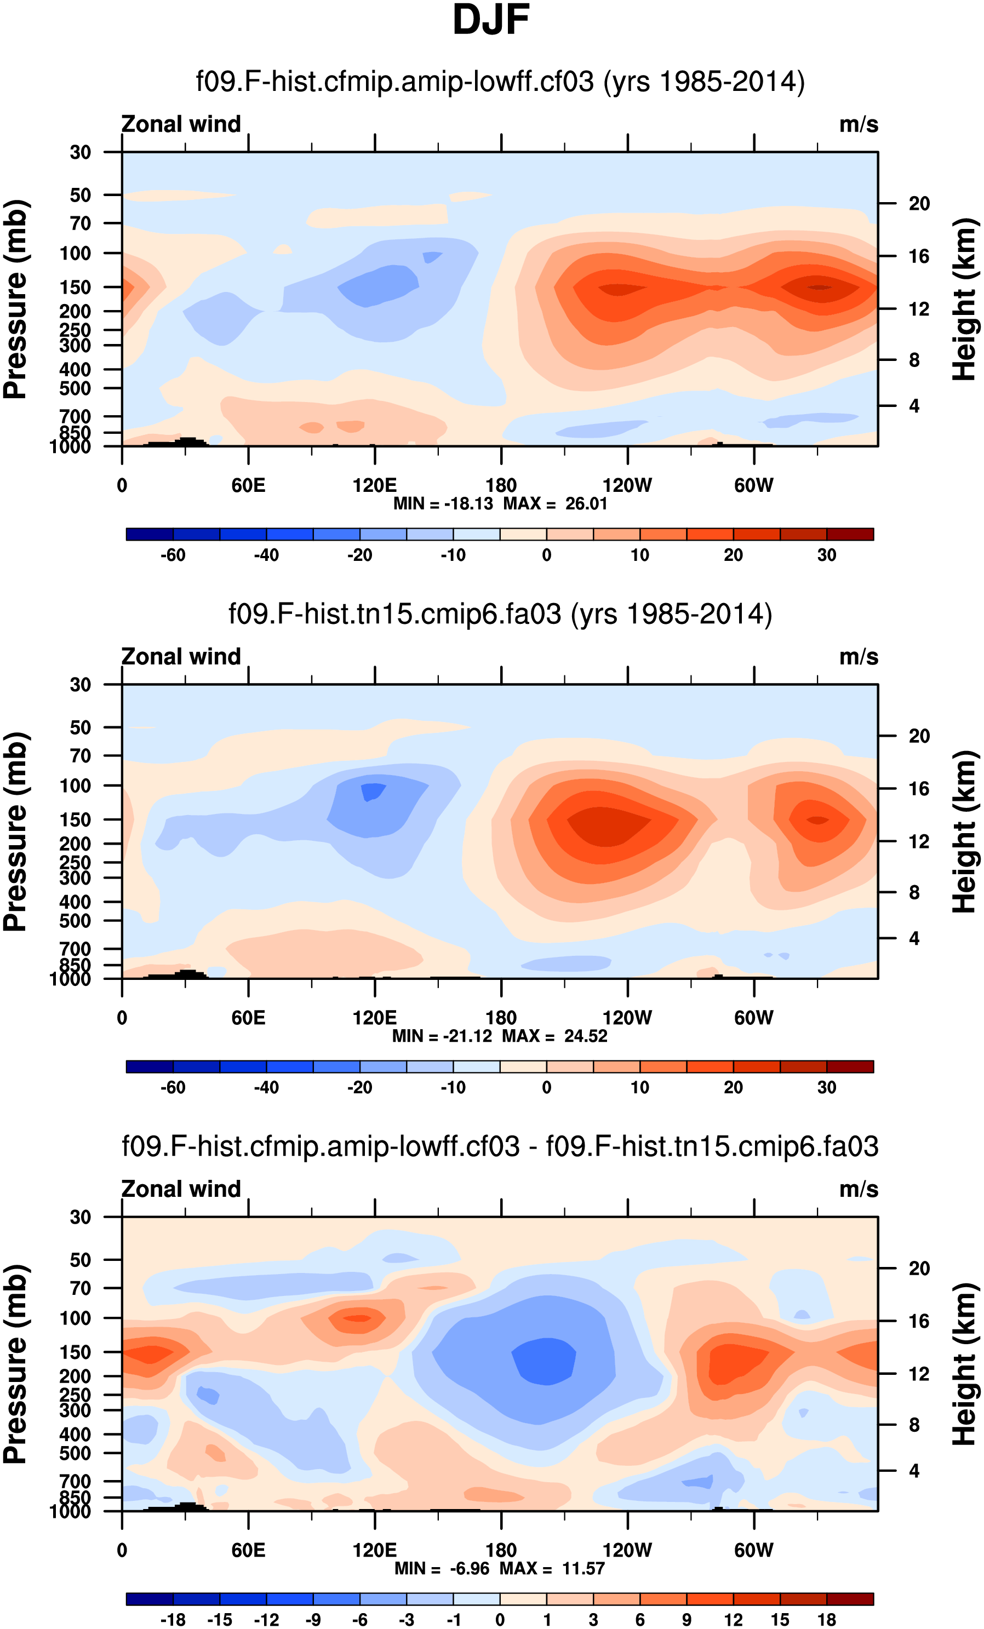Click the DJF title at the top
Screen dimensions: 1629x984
(491, 20)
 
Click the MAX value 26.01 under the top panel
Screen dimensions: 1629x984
(586, 504)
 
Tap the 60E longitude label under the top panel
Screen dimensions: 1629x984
(248, 486)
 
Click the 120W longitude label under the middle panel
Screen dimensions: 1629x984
(627, 1018)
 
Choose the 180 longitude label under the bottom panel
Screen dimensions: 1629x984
(501, 1550)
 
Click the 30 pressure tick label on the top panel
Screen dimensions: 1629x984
(80, 153)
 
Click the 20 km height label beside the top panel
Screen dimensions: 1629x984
(919, 204)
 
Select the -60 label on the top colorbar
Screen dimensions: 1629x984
(173, 555)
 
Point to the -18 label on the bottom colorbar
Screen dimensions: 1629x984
(173, 1620)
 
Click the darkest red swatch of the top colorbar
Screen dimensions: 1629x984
(850, 534)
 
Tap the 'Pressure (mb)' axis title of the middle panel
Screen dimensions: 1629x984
(16, 831)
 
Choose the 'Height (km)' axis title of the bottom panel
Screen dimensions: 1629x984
(965, 1364)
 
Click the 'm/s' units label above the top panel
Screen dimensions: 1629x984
(859, 124)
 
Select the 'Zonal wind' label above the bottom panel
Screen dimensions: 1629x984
(181, 1189)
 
